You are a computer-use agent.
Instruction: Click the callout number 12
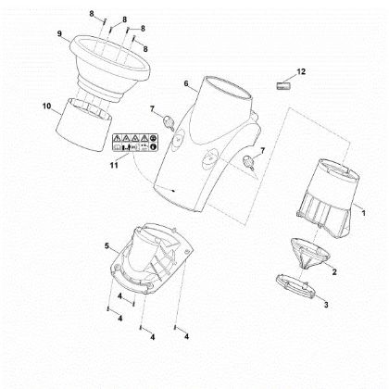click(301, 71)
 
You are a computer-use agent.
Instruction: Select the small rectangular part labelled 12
click(283, 85)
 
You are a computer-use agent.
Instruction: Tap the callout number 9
click(59, 33)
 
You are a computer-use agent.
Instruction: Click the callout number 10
click(46, 107)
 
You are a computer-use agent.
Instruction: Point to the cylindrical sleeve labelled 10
click(83, 125)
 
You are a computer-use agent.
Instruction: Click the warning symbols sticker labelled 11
click(135, 143)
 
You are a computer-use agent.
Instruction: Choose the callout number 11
click(114, 166)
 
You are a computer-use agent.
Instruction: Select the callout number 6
click(186, 83)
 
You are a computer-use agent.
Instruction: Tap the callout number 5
click(107, 246)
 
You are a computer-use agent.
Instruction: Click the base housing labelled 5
click(151, 258)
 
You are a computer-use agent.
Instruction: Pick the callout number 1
click(363, 213)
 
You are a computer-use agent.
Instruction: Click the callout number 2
click(334, 272)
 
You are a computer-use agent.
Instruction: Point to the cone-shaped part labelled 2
click(309, 253)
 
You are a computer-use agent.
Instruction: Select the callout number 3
click(326, 305)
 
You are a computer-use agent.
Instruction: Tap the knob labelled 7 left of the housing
click(169, 122)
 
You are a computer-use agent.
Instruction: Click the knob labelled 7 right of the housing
click(249, 162)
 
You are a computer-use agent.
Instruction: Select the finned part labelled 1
click(328, 198)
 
